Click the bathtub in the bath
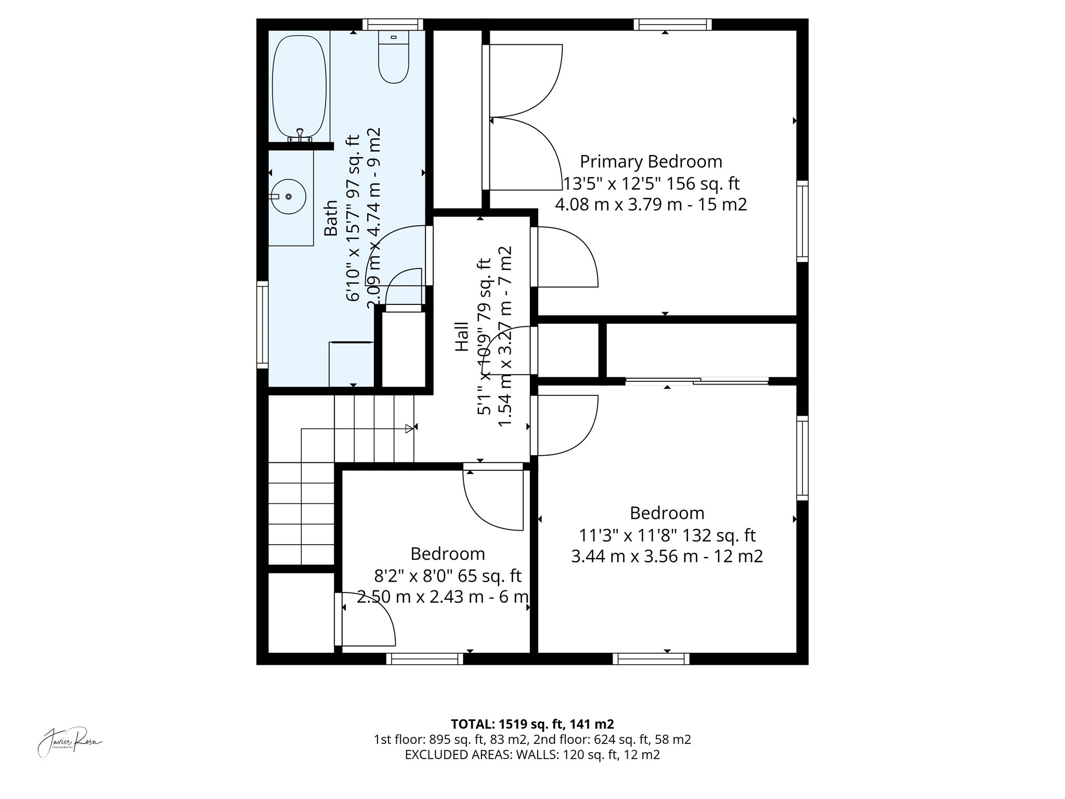pyautogui.click(x=299, y=86)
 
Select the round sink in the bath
pyautogui.click(x=288, y=197)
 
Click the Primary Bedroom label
pyautogui.click(x=651, y=162)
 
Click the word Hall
pyautogui.click(x=462, y=337)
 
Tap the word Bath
pyautogui.click(x=331, y=218)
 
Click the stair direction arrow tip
pyautogui.click(x=410, y=429)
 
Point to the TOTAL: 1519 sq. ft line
pyautogui.click(x=532, y=724)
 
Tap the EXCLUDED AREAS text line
pyautogui.click(x=532, y=755)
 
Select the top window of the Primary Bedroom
pyautogui.click(x=672, y=24)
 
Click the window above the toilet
pyautogui.click(x=393, y=24)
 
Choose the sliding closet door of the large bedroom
pyautogui.click(x=697, y=381)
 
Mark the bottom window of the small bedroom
pyautogui.click(x=424, y=659)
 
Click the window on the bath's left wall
pyautogui.click(x=263, y=325)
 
